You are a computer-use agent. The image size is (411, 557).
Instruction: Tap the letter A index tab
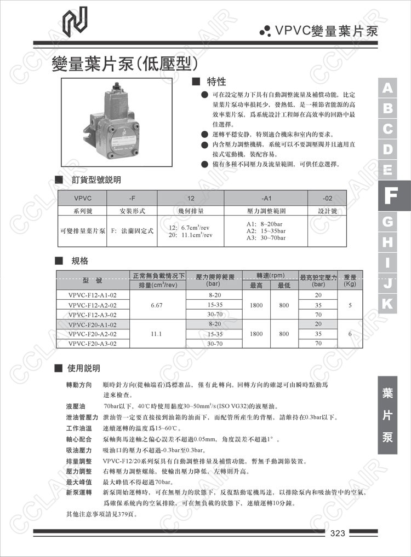[388, 88]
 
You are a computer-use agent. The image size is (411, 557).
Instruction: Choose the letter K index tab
[388, 304]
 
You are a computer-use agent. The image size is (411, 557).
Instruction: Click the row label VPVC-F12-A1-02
[92, 295]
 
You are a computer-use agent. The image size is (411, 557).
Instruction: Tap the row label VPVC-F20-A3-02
[92, 344]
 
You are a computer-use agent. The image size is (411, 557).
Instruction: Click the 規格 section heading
[79, 260]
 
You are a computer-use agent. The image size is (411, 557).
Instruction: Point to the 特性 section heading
[216, 82]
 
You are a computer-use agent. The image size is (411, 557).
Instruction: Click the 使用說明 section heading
[83, 368]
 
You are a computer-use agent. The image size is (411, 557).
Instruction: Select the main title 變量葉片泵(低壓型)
[124, 64]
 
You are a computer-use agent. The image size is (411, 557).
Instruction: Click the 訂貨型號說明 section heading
[96, 179]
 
